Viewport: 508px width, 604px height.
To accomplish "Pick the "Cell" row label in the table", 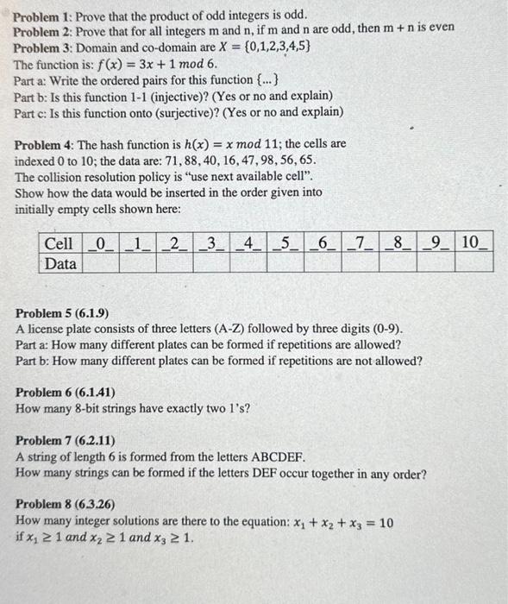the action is coord(60,244).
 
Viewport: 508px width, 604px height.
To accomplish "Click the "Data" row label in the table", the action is coord(60,263).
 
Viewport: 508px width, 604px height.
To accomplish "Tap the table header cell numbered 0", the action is coord(101,244).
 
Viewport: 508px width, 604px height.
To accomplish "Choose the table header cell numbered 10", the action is coord(474,244).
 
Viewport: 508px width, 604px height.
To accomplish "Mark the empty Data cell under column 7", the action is coord(361,263).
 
